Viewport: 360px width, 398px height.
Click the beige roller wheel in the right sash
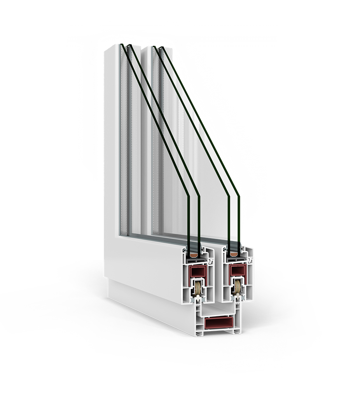tap(237, 287)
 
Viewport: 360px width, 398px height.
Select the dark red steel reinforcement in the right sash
tap(237, 270)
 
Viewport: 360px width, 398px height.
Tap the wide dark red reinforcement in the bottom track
tap(219, 323)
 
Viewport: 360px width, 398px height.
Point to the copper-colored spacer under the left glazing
tap(194, 255)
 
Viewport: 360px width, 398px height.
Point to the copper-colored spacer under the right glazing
tap(234, 254)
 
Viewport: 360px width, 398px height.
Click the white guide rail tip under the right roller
tap(237, 298)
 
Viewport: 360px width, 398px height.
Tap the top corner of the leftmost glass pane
tap(121, 45)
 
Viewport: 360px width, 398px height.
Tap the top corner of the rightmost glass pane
tap(162, 48)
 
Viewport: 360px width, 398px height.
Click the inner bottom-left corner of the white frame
tap(121, 235)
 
